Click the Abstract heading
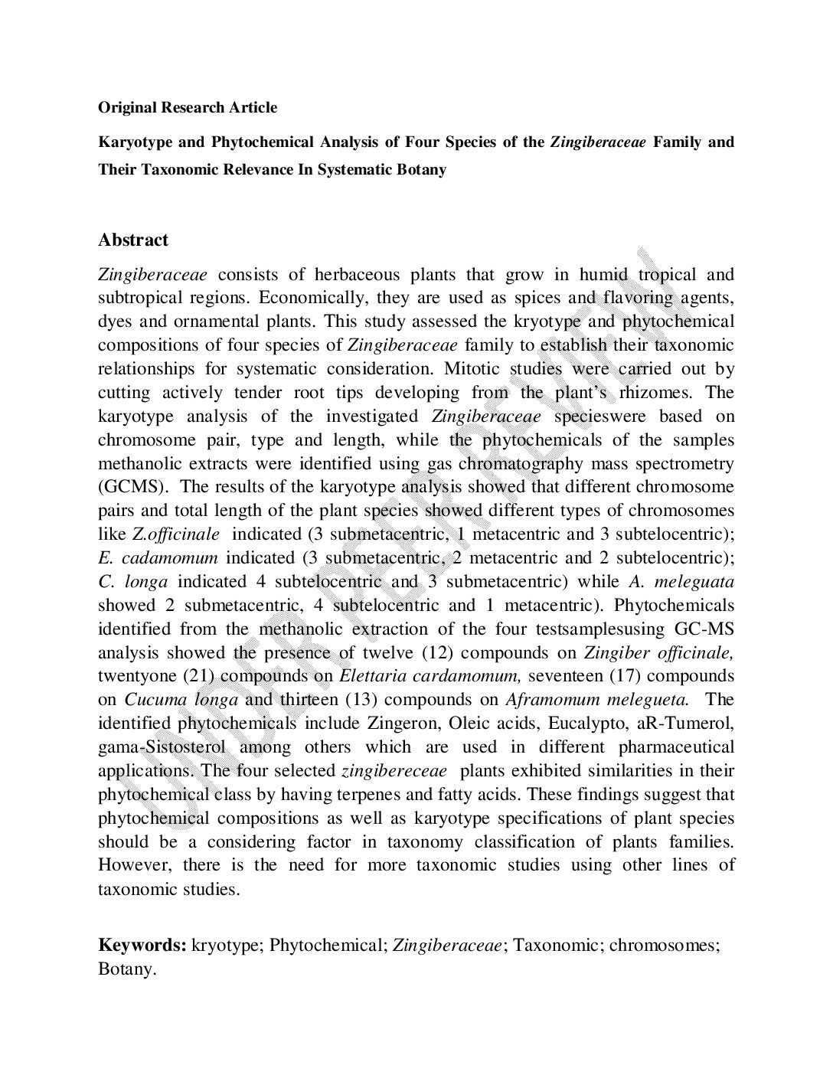click(132, 240)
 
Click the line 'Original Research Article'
click(187, 107)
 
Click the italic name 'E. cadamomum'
click(158, 558)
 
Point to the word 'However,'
click(129, 866)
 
